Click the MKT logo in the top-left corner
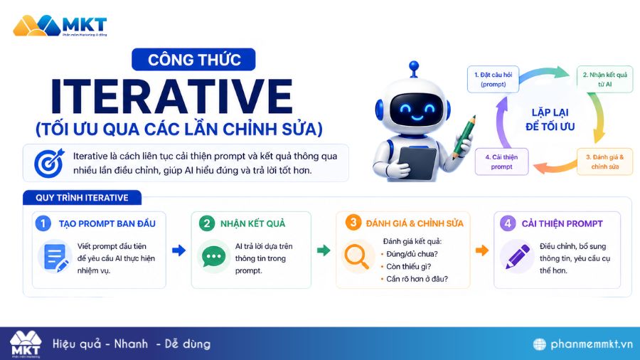[60, 26]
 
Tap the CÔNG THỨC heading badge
[194, 60]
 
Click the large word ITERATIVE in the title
[171, 97]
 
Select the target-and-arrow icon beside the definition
[48, 163]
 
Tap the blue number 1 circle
[44, 223]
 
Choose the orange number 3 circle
[353, 223]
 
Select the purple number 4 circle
[508, 223]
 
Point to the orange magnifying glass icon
[356, 257]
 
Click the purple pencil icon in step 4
[518, 256]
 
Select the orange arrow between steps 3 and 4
[481, 250]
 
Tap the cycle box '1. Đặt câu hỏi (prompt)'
[492, 78]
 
